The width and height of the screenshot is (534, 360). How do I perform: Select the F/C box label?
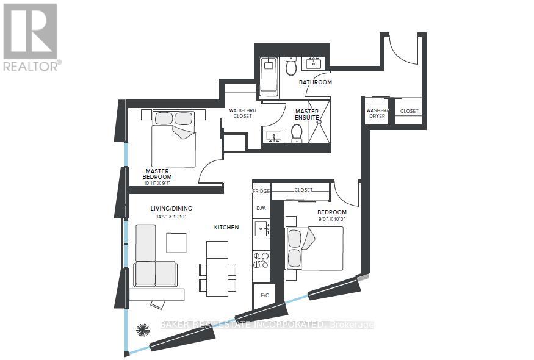[265, 295]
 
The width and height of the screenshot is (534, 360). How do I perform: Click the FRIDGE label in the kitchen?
[261, 191]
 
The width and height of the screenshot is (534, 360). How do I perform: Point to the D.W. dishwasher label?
[261, 208]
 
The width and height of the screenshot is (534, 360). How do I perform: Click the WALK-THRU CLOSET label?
[240, 113]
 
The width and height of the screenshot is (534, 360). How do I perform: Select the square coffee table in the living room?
[177, 243]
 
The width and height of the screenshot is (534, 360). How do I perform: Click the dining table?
[217, 268]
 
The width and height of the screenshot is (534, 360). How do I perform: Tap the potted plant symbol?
[143, 330]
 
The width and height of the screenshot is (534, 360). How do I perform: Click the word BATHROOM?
[315, 82]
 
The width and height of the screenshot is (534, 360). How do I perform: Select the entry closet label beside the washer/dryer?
[409, 111]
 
